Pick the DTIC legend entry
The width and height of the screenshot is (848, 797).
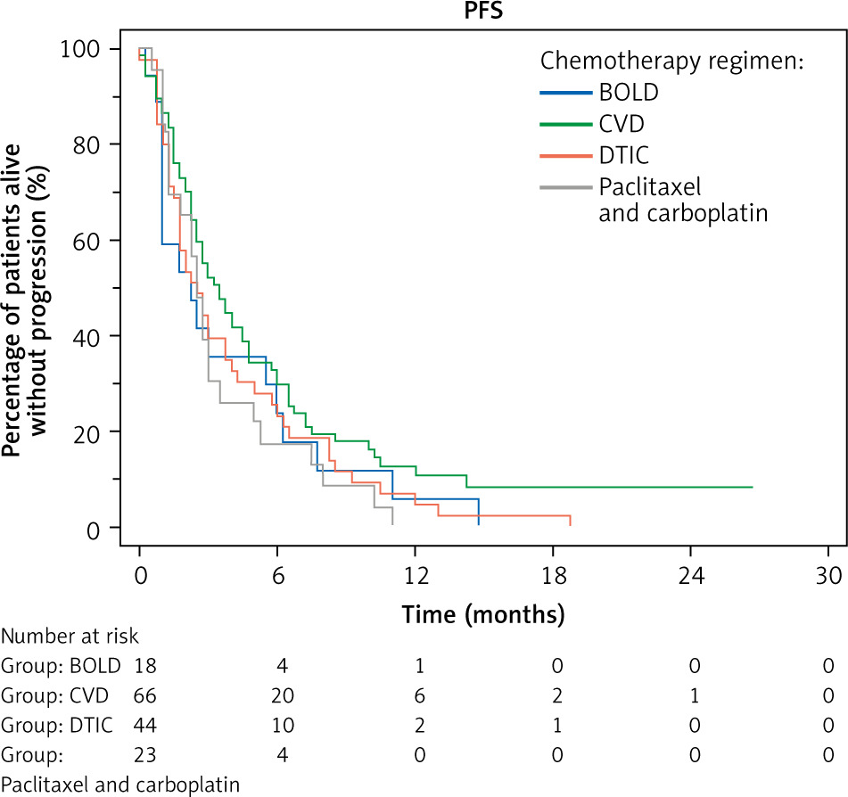pyautogui.click(x=624, y=156)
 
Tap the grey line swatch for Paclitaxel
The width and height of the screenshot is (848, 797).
pyautogui.click(x=565, y=188)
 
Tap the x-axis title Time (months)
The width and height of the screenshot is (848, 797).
pyautogui.click(x=483, y=614)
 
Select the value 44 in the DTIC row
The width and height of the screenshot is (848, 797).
pyautogui.click(x=146, y=726)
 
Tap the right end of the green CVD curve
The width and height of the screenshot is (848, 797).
pyautogui.click(x=752, y=487)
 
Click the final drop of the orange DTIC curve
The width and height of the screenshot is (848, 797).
pyautogui.click(x=569, y=522)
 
